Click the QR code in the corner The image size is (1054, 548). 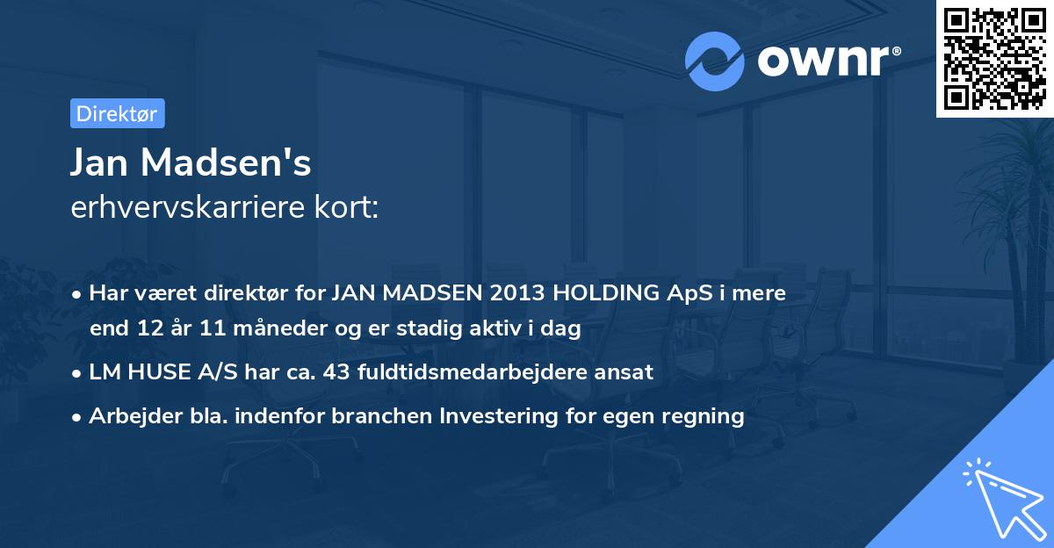(x=994, y=58)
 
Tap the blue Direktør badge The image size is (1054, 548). (x=117, y=113)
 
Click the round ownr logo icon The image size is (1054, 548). (x=715, y=61)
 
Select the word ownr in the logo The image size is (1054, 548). (x=827, y=61)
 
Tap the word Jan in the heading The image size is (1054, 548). (x=98, y=162)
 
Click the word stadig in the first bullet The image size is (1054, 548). (x=415, y=328)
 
